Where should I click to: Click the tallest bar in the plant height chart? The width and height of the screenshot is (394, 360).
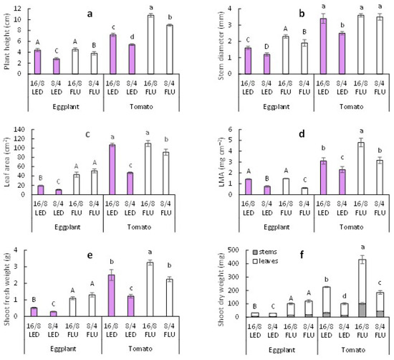pyautogui.click(x=150, y=44)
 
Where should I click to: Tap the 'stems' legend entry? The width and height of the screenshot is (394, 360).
pyautogui.click(x=265, y=252)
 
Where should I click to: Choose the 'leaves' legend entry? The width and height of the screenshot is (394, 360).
pyautogui.click(x=265, y=261)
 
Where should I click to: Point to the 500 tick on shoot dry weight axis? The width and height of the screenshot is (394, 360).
pyautogui.click(x=234, y=250)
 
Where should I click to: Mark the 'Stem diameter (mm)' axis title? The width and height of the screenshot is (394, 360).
pyautogui.click(x=221, y=45)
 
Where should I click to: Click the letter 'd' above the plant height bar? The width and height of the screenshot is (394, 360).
pyautogui.click(x=133, y=37)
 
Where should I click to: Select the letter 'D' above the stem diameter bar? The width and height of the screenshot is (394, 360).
pyautogui.click(x=267, y=47)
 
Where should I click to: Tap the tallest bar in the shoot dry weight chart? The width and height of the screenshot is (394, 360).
pyautogui.click(x=362, y=288)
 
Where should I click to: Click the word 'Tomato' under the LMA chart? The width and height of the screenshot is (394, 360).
pyautogui.click(x=351, y=227)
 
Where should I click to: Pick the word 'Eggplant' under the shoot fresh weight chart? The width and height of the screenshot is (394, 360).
pyautogui.click(x=63, y=349)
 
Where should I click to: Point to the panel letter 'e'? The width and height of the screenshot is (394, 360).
pyautogui.click(x=90, y=255)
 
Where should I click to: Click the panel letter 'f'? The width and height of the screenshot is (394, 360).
pyautogui.click(x=302, y=255)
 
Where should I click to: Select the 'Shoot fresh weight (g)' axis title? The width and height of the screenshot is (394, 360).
pyautogui.click(x=6, y=288)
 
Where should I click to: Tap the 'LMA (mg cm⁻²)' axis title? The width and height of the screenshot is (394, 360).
pyautogui.click(x=221, y=162)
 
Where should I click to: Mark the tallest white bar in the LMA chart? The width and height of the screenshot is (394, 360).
pyautogui.click(x=361, y=169)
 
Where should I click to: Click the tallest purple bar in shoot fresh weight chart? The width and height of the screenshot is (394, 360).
pyautogui.click(x=111, y=295)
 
